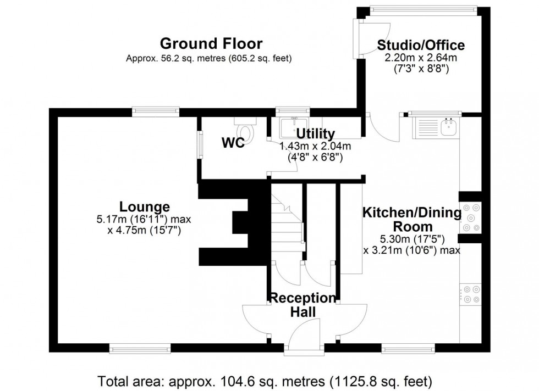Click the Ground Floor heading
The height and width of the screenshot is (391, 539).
pos(211,43)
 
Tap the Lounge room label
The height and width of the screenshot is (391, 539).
pos(145,207)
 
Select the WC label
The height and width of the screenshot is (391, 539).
pos(233,143)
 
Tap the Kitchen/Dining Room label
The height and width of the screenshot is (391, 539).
pos(411,219)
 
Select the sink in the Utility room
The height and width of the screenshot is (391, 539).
pos(293,128)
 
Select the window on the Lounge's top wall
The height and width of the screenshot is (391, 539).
pos(156,111)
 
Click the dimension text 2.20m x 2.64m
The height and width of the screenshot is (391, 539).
pos(421,58)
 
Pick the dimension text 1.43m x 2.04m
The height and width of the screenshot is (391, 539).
pos(315,146)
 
